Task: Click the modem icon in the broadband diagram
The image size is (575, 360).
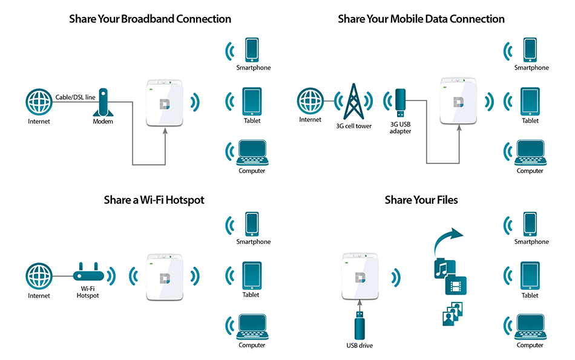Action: [x=103, y=103]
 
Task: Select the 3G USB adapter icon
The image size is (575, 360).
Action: [x=400, y=102]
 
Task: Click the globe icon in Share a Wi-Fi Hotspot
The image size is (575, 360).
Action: [x=39, y=277]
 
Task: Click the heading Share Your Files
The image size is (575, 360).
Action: [x=421, y=200]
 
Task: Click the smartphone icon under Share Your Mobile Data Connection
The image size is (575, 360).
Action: [x=531, y=50]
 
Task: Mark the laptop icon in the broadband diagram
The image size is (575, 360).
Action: [x=252, y=153]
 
